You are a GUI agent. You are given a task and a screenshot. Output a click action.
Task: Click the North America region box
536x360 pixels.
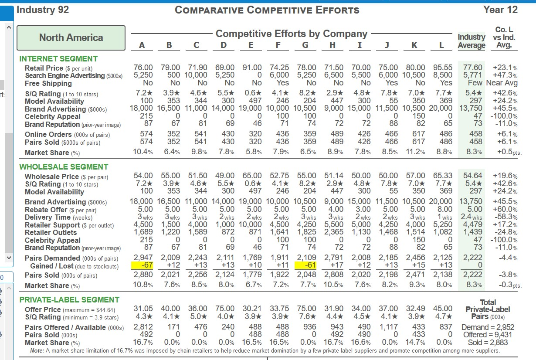click(71, 37)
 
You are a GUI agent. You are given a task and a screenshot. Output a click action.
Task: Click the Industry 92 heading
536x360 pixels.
click(43, 10)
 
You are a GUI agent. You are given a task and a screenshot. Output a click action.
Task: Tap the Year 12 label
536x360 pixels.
click(500, 10)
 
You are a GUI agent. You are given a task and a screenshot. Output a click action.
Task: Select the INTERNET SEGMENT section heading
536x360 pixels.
click(58, 58)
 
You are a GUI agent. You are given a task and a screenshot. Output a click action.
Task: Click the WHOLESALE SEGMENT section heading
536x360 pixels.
click(64, 167)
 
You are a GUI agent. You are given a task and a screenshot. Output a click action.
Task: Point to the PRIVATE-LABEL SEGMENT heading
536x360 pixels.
click(69, 300)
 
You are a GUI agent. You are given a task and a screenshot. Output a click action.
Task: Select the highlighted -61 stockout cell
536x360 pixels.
click(307, 266)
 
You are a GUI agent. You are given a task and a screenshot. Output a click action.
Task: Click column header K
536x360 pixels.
click(414, 45)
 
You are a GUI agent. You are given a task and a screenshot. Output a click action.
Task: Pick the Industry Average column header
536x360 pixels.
click(472, 41)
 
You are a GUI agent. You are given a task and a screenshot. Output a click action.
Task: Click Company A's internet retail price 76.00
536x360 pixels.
click(143, 68)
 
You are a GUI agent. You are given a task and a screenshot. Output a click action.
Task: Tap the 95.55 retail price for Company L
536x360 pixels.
click(442, 68)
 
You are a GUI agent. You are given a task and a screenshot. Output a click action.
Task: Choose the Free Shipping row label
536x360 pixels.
click(48, 83)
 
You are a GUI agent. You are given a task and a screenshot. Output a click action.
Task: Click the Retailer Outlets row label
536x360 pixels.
click(51, 232)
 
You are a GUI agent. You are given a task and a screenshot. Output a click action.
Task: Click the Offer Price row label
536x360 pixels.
click(44, 309)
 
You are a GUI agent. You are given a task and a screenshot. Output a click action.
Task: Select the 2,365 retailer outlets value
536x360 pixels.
click(334, 232)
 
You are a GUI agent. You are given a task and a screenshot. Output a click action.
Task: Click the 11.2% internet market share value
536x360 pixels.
click(415, 153)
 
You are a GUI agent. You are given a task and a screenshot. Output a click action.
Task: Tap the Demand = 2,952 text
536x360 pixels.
click(487, 327)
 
